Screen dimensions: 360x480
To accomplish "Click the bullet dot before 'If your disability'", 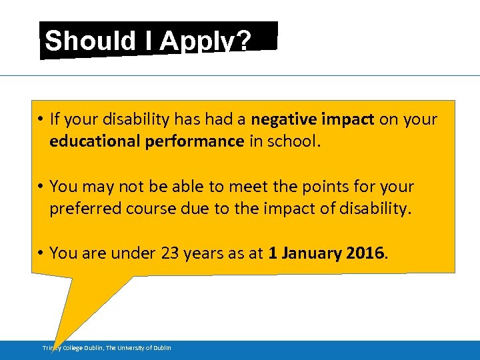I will click(x=41, y=120).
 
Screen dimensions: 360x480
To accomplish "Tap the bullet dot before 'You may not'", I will click(x=41, y=187).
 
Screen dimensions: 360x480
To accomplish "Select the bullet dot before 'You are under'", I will click(x=41, y=254).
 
